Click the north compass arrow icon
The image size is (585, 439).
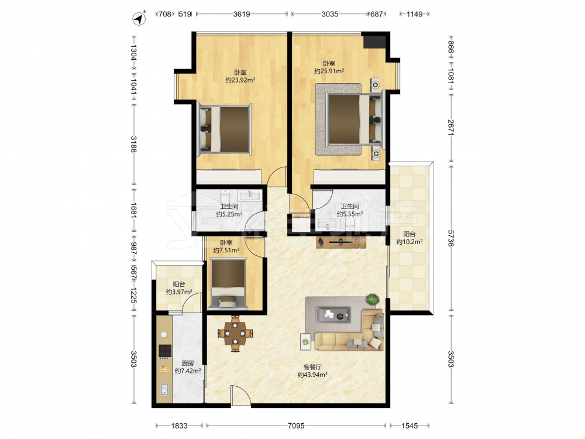tap(140, 19)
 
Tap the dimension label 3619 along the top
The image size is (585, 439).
tap(242, 14)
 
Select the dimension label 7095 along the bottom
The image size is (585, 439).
tap(296, 426)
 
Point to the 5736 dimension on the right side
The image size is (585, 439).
tap(450, 238)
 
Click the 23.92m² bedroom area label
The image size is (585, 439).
tap(240, 80)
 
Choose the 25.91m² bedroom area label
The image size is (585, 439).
tap(329, 71)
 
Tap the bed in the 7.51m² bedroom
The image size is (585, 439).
tap(228, 284)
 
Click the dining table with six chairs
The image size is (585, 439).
tap(235, 334)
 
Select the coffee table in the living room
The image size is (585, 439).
tap(333, 315)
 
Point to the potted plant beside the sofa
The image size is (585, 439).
tap(372, 299)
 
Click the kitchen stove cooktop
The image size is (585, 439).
tap(165, 350)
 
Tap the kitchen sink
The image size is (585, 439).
tap(164, 389)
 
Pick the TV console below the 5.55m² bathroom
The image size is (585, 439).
tap(341, 242)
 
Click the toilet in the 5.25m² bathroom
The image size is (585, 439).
tap(225, 196)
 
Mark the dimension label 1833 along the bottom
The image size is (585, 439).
tap(179, 426)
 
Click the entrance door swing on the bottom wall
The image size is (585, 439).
tap(240, 395)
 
